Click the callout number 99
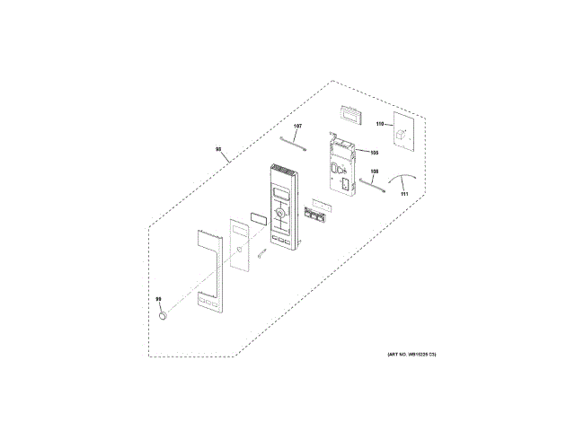pyautogui.click(x=158, y=300)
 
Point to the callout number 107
pyautogui.click(x=298, y=126)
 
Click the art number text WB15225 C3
pyautogui.click(x=411, y=356)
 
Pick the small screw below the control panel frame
pyautogui.click(x=261, y=254)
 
